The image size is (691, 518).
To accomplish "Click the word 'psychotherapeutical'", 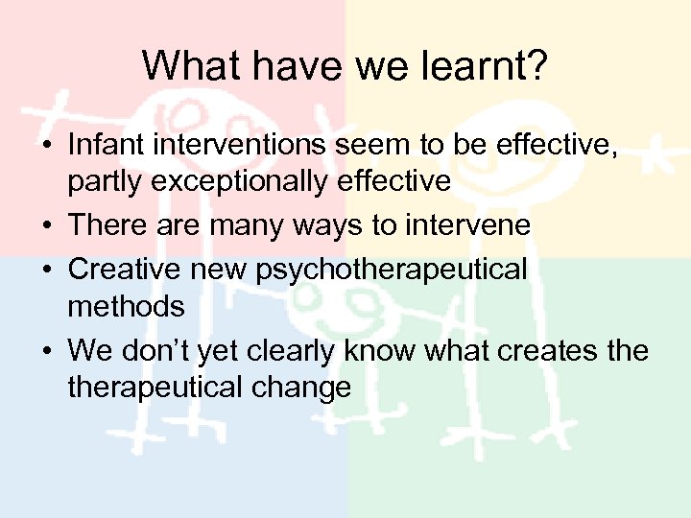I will (393, 269).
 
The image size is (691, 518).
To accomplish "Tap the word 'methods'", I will (126, 307).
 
